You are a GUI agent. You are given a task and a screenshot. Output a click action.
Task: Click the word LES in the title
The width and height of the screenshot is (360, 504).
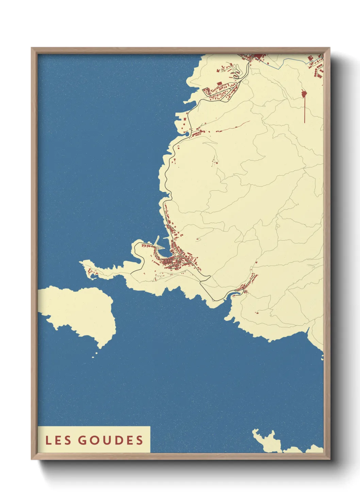pos(58,440)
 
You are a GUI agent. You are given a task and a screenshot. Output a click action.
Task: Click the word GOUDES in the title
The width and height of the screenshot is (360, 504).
pos(111,440)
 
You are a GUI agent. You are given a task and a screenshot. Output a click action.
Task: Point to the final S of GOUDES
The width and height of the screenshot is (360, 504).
pos(140,440)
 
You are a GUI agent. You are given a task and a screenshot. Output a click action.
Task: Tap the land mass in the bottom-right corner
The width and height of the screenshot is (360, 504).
pos(272,443)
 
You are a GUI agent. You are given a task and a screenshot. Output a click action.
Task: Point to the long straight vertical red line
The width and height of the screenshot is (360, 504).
pos(305,109)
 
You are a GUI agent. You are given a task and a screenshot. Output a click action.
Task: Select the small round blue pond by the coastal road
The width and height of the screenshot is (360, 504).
pos(186,133)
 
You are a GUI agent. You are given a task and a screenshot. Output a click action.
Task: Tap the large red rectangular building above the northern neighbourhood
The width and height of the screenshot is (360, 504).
pos(219,83)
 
